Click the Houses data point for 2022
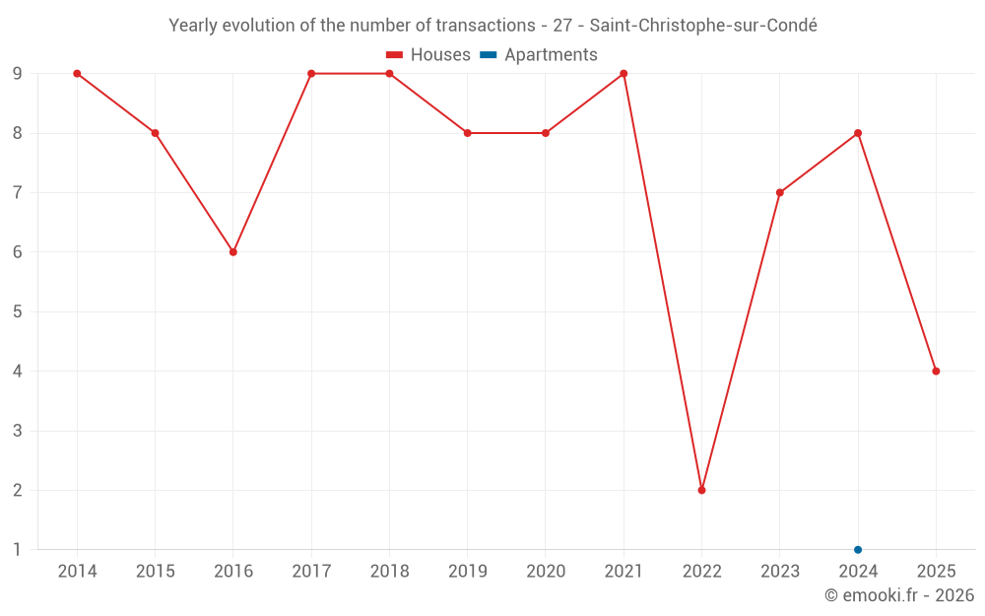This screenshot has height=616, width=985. pyautogui.click(x=701, y=490)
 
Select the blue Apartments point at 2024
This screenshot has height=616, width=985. pyautogui.click(x=858, y=550)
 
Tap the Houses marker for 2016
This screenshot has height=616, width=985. pyautogui.click(x=233, y=252)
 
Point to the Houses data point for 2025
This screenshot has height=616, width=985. pyautogui.click(x=936, y=372)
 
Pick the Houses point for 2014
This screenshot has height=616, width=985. pyautogui.click(x=77, y=74)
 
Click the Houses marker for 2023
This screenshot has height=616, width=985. pyautogui.click(x=780, y=192)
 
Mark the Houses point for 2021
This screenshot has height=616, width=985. pyautogui.click(x=624, y=74)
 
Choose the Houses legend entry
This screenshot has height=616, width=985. pyautogui.click(x=428, y=55)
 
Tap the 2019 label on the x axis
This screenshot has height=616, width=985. pyautogui.click(x=468, y=572)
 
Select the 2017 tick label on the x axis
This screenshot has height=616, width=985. pyautogui.click(x=311, y=572)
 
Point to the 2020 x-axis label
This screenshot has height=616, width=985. pyautogui.click(x=546, y=572)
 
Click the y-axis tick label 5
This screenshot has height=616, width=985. pyautogui.click(x=18, y=311)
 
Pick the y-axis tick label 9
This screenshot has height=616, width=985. pyautogui.click(x=18, y=74)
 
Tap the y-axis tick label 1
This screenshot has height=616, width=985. pyautogui.click(x=18, y=550)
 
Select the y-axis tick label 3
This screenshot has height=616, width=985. pyautogui.click(x=18, y=431)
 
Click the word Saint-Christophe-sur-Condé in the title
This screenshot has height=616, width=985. pyautogui.click(x=703, y=26)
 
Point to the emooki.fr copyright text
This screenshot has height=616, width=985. pyautogui.click(x=899, y=595)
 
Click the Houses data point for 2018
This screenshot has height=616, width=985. pyautogui.click(x=389, y=74)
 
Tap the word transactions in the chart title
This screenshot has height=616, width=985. pyautogui.click(x=473, y=26)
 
